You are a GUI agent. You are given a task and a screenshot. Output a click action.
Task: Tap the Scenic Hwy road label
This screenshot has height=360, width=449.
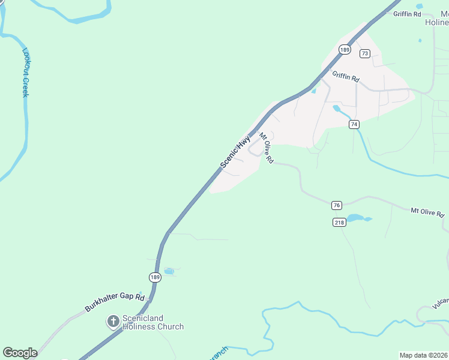click(235, 152)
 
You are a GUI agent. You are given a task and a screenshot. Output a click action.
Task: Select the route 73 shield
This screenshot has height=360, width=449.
click(365, 53)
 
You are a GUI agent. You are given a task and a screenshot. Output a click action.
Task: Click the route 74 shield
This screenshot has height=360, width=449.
click(354, 124)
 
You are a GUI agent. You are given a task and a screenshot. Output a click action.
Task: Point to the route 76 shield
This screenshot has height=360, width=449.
click(336, 205)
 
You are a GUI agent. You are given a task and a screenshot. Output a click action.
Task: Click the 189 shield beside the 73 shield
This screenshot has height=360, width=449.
click(344, 50)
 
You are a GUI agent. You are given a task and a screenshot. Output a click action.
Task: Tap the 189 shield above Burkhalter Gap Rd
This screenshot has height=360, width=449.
click(154, 277)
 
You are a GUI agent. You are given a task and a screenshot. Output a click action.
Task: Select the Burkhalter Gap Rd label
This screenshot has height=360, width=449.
click(115, 302)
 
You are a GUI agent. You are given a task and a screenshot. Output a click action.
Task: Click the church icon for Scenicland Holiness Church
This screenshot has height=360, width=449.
click(112, 322)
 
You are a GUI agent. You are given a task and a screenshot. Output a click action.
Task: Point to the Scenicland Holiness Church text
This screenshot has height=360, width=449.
click(152, 322)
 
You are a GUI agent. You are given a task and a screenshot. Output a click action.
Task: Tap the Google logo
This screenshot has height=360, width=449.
click(20, 353)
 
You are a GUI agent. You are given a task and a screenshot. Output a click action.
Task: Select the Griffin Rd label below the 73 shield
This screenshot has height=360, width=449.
click(345, 77)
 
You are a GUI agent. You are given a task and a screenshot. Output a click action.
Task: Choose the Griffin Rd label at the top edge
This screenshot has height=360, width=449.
click(406, 14)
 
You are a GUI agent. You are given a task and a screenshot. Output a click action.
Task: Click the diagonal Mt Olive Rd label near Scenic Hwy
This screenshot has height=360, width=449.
click(266, 149)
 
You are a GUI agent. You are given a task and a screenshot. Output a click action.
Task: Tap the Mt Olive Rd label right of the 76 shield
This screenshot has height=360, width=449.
click(427, 213)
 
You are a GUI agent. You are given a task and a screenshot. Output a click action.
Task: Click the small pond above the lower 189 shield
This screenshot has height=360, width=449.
click(169, 271)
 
